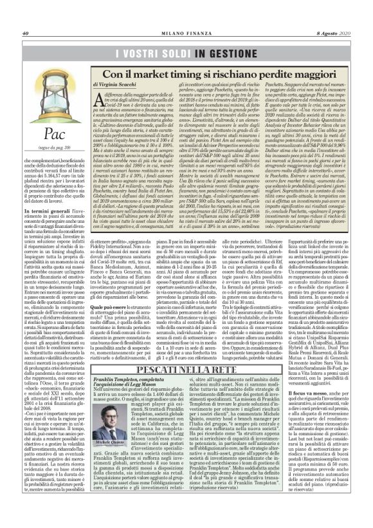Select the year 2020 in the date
point(342,16)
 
